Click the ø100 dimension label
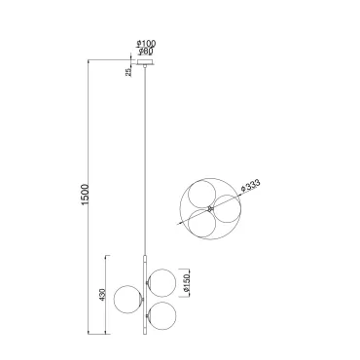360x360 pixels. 146,43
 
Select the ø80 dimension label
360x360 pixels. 146,51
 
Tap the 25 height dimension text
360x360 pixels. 128,72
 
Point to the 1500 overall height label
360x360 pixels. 85,195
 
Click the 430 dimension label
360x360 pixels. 102,295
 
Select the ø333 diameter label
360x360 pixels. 251,186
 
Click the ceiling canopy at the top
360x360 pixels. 145,62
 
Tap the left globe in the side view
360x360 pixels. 127,300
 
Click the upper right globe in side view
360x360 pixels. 162,283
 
